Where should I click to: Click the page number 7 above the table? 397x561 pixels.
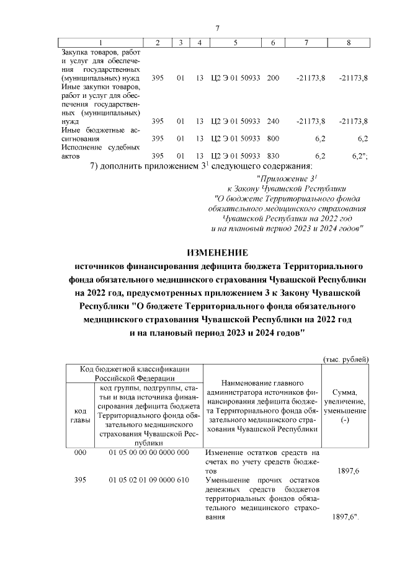pos(217,29)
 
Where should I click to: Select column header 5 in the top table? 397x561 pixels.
pos(236,43)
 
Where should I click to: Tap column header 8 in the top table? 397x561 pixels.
pos(349,43)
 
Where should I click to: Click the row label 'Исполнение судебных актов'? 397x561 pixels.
pos(99,151)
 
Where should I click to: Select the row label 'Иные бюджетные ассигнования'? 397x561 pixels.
pos(99,134)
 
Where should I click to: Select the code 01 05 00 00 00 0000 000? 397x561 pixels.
pos(148,453)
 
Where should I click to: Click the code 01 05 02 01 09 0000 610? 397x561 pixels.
pos(148,480)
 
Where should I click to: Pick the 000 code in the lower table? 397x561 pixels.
pos(79,453)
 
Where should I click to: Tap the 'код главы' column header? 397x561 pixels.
pos(79,416)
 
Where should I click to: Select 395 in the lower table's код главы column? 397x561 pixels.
pos(79,480)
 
